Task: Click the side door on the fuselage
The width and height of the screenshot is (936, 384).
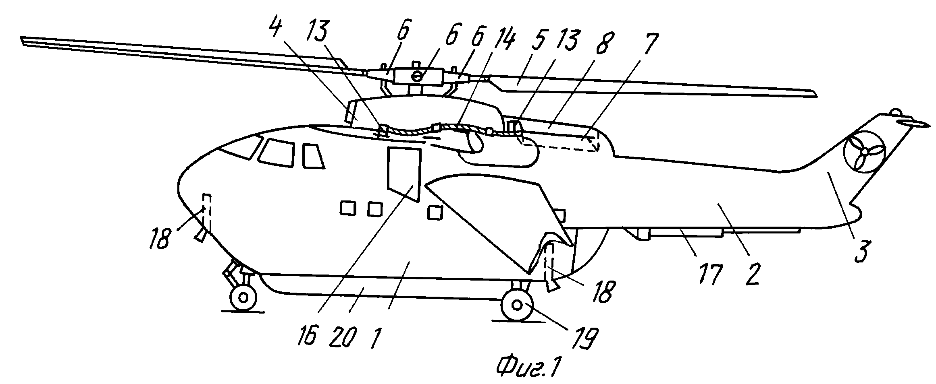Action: pyautogui.click(x=404, y=174)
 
